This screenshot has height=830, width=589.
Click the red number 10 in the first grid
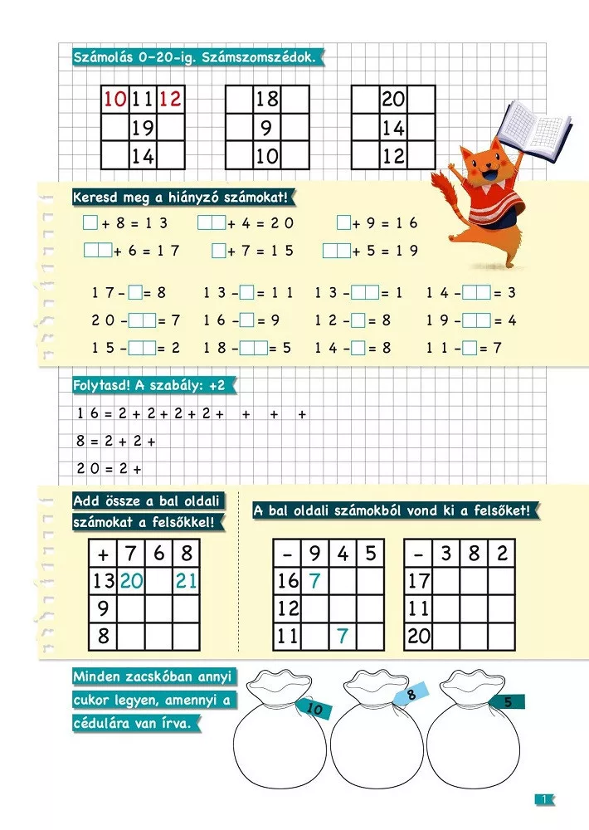click(114, 100)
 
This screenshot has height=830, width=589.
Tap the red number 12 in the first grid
click(170, 100)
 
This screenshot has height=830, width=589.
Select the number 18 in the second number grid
click(267, 100)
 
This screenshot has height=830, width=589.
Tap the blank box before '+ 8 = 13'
click(90, 223)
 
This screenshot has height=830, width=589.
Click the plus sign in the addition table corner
click(103, 554)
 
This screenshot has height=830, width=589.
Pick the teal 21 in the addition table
click(186, 582)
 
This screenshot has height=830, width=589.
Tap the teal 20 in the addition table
click(131, 582)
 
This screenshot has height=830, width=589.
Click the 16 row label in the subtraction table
click(287, 582)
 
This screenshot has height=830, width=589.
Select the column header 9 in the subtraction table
click(314, 554)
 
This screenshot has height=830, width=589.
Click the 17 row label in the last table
click(418, 582)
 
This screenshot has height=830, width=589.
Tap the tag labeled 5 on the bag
click(507, 702)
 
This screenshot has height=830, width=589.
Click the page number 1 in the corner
click(544, 799)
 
